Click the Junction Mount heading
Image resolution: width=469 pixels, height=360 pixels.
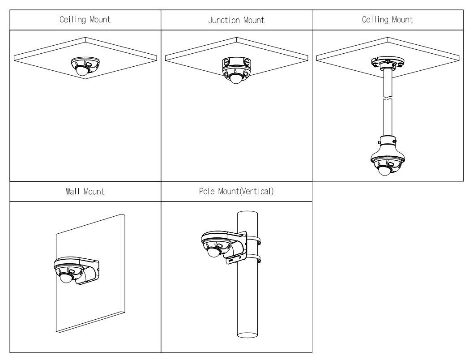click(x=236, y=20)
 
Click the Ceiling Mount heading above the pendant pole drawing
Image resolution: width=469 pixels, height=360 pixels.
click(x=388, y=20)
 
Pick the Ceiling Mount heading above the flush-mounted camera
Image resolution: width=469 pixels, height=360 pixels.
click(x=85, y=20)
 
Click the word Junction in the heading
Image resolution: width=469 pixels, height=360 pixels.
click(x=222, y=20)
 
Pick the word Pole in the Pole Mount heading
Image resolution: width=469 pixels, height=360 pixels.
click(x=209, y=192)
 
